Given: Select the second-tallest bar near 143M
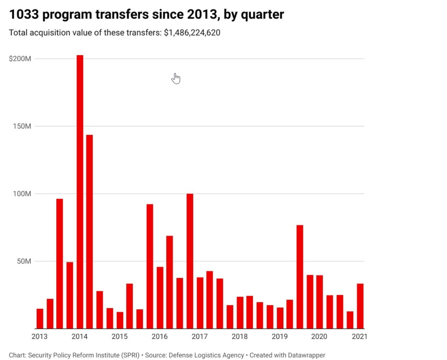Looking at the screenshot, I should tap(90, 231).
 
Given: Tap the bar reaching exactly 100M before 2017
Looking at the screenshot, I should tap(190, 261).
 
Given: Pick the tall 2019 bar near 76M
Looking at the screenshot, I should tap(300, 277).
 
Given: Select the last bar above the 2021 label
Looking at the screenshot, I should tap(360, 306).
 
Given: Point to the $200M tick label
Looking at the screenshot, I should tap(20, 59).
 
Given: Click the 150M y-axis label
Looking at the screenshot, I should tap(22, 126).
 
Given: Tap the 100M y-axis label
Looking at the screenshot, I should tap(22, 193).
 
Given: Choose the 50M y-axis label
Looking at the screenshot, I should tap(24, 261).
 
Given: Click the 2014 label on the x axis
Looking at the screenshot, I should tap(80, 337).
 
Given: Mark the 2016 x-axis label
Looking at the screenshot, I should tap(159, 337).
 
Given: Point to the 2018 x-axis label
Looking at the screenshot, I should tap(240, 337).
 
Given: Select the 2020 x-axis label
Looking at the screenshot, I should tap(319, 337).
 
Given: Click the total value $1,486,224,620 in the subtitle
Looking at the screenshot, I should tap(192, 33).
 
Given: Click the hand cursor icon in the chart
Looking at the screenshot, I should tap(176, 79).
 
